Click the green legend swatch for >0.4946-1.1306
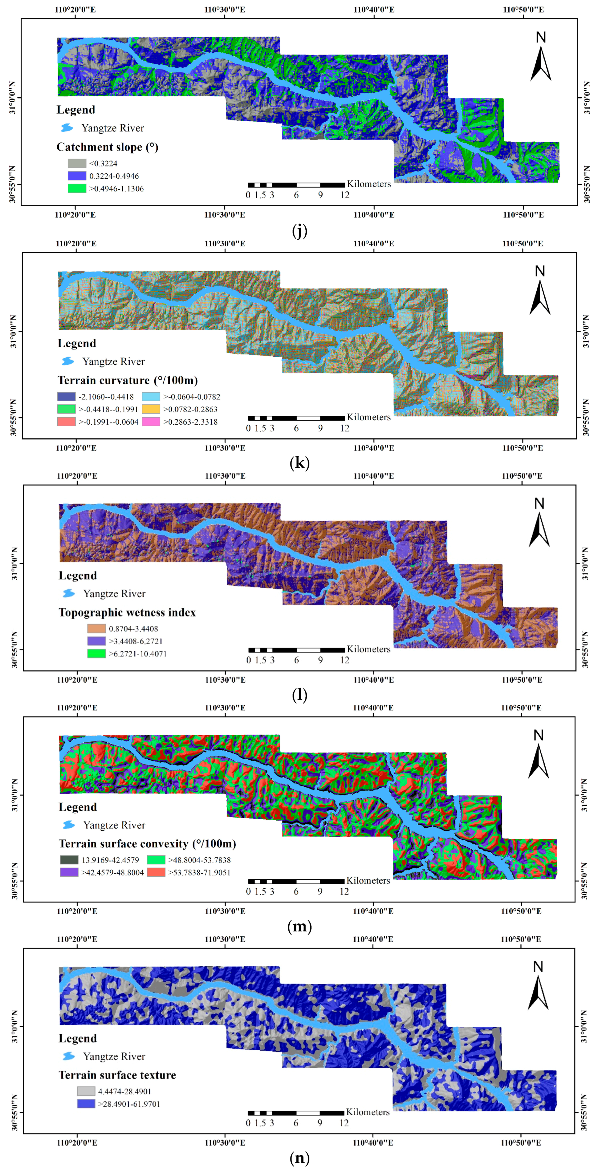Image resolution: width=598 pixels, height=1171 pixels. click(x=77, y=188)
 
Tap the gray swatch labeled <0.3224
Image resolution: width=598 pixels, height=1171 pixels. click(x=77, y=163)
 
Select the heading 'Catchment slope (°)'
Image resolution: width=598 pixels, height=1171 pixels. click(x=107, y=147)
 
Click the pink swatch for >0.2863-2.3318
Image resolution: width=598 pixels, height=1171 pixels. click(x=151, y=422)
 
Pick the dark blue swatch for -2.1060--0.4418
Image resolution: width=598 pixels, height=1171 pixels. click(x=67, y=396)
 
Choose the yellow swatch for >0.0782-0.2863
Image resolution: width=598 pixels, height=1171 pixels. click(x=151, y=409)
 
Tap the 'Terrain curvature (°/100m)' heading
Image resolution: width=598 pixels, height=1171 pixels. click(x=127, y=380)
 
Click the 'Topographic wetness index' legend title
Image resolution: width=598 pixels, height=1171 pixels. click(x=127, y=612)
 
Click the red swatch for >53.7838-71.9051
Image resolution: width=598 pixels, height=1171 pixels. click(x=156, y=872)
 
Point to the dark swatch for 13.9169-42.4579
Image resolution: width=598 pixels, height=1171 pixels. click(x=69, y=860)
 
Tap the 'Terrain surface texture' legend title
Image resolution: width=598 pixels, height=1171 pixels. click(x=117, y=1075)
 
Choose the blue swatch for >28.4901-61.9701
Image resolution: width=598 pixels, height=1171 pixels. click(x=86, y=1103)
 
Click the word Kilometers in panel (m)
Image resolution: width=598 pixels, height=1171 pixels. click(x=368, y=880)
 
